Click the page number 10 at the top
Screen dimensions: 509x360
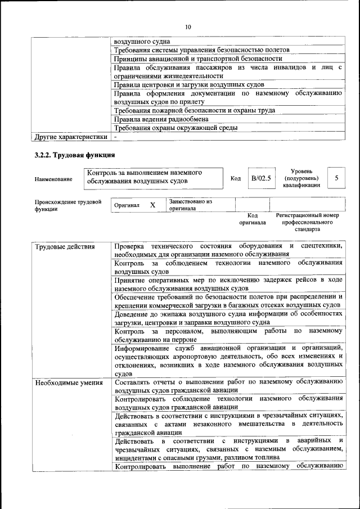pyautogui.click(x=188, y=26)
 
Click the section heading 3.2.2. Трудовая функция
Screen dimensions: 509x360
pyautogui.click(x=75, y=155)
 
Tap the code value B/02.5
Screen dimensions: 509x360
pyautogui.click(x=261, y=178)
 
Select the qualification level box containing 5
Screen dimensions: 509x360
pyautogui.click(x=336, y=178)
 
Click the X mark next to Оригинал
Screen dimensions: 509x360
pyautogui.click(x=152, y=205)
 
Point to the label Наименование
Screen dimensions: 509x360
pyautogui.click(x=53, y=179)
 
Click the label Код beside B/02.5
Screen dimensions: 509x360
pyautogui.click(x=236, y=179)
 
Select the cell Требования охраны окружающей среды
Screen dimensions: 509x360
pyautogui.click(x=175, y=128)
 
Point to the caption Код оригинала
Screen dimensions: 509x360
pyautogui.click(x=253, y=219)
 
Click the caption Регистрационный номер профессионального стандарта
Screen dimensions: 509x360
pyautogui.click(x=307, y=222)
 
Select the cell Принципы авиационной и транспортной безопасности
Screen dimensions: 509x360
pyautogui.click(x=197, y=58)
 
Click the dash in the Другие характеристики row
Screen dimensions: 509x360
pyautogui.click(x=115, y=136)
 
